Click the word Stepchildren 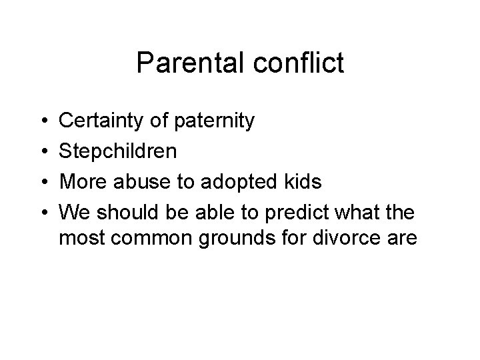pyautogui.click(x=119, y=151)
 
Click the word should pyautogui.click(x=121, y=211)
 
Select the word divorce pyautogui.click(x=337, y=238)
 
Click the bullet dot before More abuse pyautogui.click(x=42, y=182)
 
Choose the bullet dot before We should pyautogui.click(x=42, y=212)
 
